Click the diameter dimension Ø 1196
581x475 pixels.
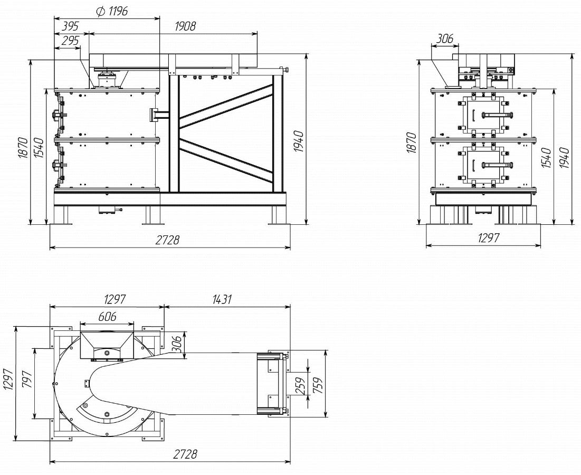[x=111, y=12]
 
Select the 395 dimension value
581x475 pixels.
[x=70, y=26]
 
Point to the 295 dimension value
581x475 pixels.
[x=70, y=41]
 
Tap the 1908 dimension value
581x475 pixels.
[x=185, y=26]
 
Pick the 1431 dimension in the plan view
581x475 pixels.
[x=222, y=299]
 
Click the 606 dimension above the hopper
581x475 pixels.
[x=107, y=317]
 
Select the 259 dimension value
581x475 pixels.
[x=302, y=386]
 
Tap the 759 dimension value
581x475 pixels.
[x=317, y=385]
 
